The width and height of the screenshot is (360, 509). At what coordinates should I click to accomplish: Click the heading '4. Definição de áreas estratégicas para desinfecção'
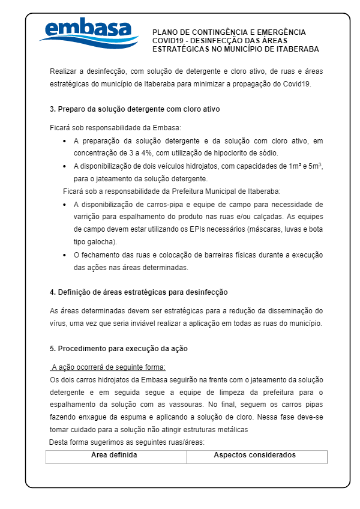tap(139, 292)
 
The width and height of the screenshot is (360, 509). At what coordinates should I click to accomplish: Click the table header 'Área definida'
tap(114, 455)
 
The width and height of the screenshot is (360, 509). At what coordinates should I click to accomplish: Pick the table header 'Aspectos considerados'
tap(254, 455)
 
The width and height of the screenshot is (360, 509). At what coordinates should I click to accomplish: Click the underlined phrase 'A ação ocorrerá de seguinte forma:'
tap(108, 367)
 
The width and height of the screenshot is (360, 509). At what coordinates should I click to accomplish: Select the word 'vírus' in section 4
tap(58, 323)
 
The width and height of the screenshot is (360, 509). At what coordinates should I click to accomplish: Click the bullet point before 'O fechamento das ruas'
tap(65, 255)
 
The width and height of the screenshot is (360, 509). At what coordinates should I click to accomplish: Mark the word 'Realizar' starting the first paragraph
tap(64, 71)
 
